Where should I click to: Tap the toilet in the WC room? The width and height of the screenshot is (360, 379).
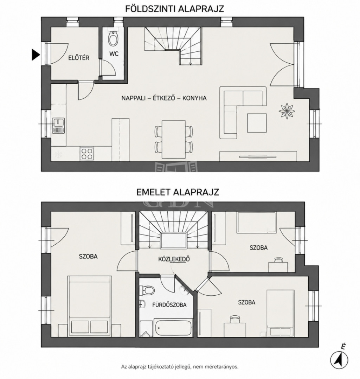(x=113, y=38)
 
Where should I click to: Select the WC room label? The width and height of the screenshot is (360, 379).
(x=114, y=54)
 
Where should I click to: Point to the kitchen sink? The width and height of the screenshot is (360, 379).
(x=58, y=126)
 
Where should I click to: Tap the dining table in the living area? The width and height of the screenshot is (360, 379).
(x=174, y=140)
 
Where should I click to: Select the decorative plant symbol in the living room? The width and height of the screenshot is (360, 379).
(x=287, y=111)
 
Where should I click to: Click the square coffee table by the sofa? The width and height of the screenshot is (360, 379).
(x=257, y=123)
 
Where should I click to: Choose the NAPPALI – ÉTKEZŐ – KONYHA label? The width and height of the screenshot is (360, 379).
(x=164, y=98)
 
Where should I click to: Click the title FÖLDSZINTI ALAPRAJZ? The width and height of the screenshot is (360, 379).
(x=175, y=9)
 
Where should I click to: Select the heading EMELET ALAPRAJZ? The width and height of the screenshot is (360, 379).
(x=178, y=192)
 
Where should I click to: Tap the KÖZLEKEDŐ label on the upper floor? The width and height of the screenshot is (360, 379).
(x=174, y=259)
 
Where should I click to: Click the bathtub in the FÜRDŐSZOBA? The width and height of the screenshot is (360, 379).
(x=174, y=327)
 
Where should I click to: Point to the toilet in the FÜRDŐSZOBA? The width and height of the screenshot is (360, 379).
(x=147, y=289)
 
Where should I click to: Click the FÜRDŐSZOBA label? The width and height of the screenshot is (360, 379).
(x=169, y=305)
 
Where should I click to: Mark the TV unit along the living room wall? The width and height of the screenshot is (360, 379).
(x=258, y=156)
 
